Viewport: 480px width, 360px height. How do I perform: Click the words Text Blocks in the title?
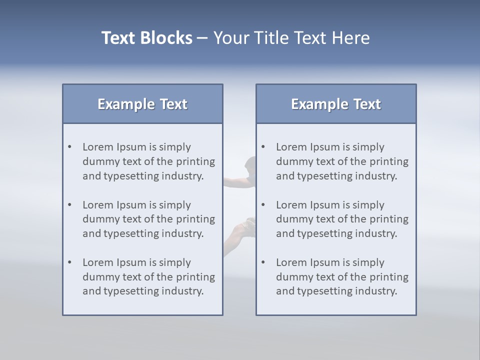click(x=146, y=38)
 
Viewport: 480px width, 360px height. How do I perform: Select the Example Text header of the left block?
click(x=142, y=104)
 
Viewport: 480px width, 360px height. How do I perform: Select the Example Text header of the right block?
click(x=336, y=104)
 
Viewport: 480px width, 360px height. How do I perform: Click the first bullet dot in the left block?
click(x=69, y=147)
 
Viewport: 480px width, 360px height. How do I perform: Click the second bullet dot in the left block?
click(x=69, y=205)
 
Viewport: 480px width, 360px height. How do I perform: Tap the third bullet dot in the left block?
click(x=69, y=262)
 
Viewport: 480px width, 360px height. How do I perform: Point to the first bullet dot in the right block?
click(x=263, y=147)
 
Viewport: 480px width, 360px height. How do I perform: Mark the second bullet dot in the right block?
click(x=263, y=205)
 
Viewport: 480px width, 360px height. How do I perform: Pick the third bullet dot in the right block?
click(x=263, y=262)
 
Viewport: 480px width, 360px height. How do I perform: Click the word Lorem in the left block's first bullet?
click(x=98, y=147)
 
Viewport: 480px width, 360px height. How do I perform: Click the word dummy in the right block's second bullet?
click(x=294, y=219)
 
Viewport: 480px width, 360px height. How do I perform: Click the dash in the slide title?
click(x=202, y=38)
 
